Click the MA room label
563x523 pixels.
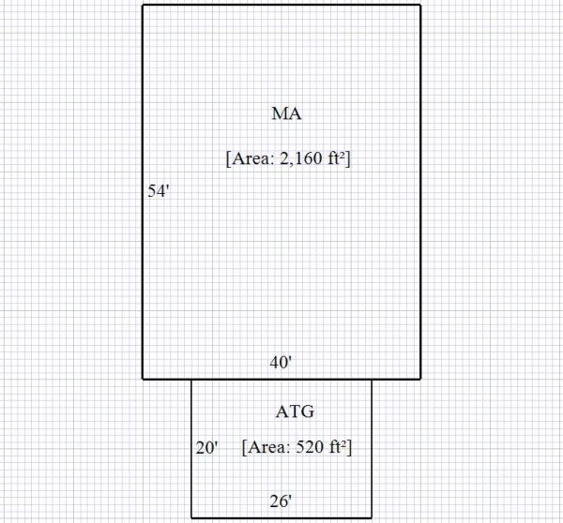tap(287, 114)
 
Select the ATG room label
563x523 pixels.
tap(295, 411)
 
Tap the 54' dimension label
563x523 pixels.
tap(158, 191)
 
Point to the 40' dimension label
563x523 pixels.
tap(281, 362)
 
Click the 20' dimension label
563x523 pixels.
tap(206, 448)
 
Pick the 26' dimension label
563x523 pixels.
tap(281, 501)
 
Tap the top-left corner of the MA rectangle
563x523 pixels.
tap(143, 5)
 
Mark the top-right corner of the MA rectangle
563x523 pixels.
tap(420, 5)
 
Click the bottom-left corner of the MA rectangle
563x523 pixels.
tap(143, 379)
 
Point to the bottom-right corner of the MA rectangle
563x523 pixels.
tap(420, 379)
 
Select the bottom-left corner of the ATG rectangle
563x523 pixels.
tap(191, 516)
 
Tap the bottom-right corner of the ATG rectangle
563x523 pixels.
tap(372, 516)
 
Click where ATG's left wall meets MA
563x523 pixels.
tap(191, 379)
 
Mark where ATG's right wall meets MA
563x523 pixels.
tap(372, 379)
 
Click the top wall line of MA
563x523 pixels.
tap(281, 5)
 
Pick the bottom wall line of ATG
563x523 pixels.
tap(281, 516)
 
